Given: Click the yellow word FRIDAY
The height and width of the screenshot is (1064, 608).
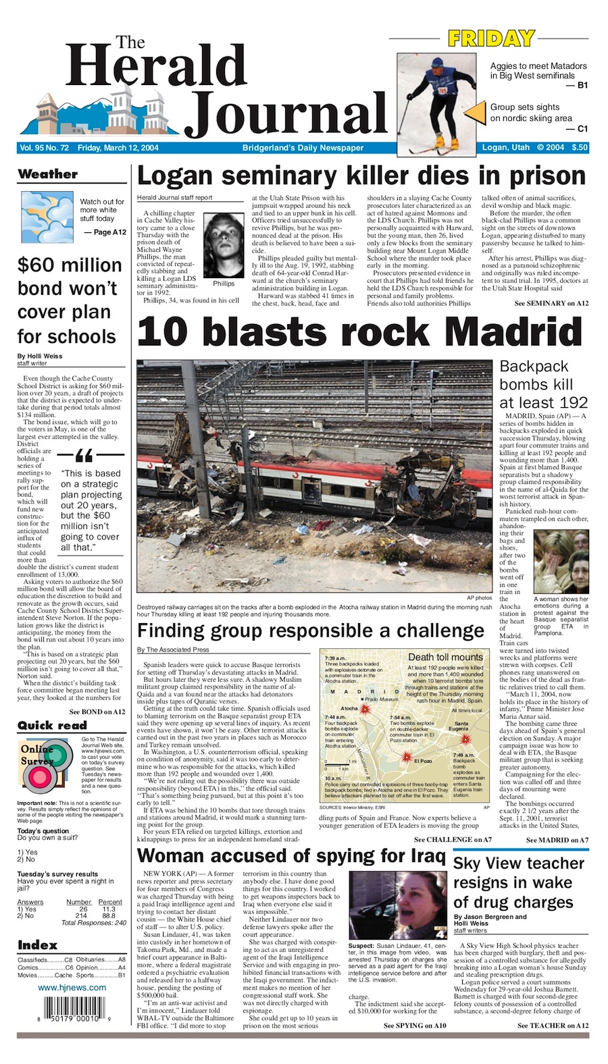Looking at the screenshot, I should coord(490,39).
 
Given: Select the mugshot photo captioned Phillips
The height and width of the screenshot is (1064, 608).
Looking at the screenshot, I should coord(224,245).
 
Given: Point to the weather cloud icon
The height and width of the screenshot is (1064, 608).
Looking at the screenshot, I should coord(47,217).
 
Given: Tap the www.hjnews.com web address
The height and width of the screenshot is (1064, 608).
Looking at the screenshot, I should coord(72,987).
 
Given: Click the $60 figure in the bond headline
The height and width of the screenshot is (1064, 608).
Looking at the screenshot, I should coord(41,265).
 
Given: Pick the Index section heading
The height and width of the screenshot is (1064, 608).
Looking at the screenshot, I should coord(38,945).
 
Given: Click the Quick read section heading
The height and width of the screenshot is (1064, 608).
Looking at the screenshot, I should coord(52,725).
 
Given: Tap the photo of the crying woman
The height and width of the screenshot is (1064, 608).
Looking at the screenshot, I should coord(561,561).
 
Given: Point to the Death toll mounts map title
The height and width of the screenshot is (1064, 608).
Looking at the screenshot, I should coord(445,657).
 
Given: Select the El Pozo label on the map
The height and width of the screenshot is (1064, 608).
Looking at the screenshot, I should coord(423,761).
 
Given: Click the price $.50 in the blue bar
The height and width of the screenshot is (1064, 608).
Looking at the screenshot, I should coord(579,147).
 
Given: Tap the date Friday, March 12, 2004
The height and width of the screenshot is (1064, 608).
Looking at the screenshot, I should coord(118,148).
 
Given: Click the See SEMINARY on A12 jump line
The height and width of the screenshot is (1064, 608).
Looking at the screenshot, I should coord(551,303).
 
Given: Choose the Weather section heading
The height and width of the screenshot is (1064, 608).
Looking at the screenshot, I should coord(47,174).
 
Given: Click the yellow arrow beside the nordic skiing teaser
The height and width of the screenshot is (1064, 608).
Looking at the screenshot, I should coord(479,112).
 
